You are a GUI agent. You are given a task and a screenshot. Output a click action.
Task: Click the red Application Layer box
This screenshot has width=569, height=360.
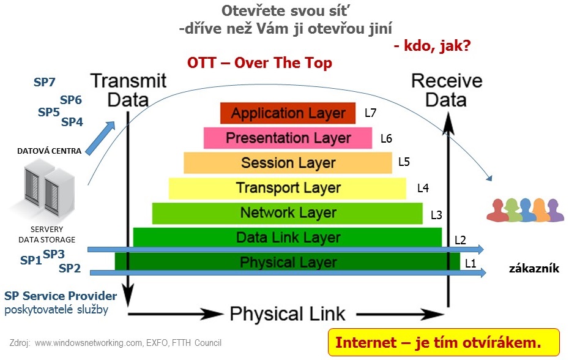(288, 113)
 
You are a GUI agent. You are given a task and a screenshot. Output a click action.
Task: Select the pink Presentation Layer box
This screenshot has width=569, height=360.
(288, 138)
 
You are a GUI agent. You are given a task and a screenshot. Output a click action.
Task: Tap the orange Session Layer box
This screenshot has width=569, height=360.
(288, 163)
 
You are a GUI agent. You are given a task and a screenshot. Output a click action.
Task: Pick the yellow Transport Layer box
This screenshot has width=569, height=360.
(288, 188)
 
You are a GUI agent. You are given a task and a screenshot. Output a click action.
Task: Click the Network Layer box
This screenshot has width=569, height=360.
(288, 213)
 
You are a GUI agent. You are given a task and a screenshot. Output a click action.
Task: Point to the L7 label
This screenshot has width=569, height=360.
(371, 113)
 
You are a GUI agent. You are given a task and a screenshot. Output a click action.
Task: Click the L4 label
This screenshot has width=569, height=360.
(423, 188)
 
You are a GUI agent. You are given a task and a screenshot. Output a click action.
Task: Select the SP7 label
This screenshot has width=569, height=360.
(44, 82)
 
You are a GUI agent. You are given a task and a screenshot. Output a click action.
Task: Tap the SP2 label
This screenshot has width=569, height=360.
(70, 268)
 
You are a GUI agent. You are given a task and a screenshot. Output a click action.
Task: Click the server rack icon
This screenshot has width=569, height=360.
(48, 190)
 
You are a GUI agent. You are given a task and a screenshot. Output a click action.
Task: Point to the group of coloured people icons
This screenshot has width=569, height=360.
(525, 210)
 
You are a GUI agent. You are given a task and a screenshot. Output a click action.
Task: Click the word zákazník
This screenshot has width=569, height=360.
(534, 268)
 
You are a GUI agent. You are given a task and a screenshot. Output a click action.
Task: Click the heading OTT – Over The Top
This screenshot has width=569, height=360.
(259, 63)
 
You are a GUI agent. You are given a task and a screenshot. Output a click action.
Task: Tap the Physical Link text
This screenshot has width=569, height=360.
(288, 314)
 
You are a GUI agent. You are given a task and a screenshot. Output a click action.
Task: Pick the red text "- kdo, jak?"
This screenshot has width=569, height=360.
(432, 46)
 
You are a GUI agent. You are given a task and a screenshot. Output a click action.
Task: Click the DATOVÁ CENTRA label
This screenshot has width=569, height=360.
(50, 151)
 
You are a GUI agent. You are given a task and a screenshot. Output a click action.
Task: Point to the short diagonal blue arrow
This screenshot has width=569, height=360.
(100, 138)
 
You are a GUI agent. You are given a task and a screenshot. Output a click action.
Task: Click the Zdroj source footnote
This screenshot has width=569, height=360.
(116, 343)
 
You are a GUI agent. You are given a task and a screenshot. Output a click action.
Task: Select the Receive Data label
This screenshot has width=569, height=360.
(447, 90)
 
